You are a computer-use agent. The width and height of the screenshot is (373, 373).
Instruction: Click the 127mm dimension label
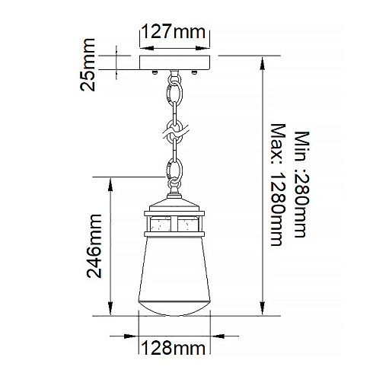click(x=174, y=32)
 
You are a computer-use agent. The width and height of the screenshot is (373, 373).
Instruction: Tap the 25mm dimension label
click(x=88, y=65)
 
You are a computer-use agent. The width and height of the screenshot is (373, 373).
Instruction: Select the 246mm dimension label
click(x=94, y=246)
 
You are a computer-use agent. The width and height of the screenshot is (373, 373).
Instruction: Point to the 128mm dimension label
click(x=174, y=348)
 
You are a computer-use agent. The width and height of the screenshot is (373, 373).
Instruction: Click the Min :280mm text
click(x=302, y=184)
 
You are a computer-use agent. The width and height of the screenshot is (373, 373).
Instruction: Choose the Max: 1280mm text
click(x=278, y=185)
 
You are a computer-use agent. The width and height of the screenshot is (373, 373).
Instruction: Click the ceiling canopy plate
click(x=175, y=62)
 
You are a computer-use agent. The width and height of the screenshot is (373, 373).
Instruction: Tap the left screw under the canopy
click(x=155, y=72)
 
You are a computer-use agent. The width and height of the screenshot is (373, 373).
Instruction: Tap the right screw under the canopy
click(x=194, y=72)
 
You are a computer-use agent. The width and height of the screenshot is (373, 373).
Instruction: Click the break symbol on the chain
click(x=176, y=132)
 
